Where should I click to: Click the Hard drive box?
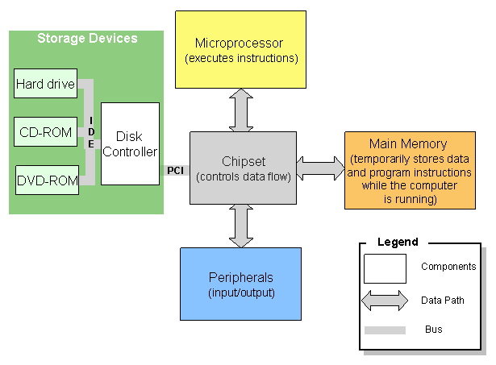click(46, 84)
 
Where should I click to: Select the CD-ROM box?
click(46, 132)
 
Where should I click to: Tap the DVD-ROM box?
click(48, 180)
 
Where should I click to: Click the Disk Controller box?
click(130, 143)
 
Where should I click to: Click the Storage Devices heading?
click(87, 39)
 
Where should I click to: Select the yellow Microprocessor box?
click(240, 49)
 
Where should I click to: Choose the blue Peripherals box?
click(240, 284)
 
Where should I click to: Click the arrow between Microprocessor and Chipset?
click(240, 110)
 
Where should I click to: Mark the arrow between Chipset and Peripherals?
click(240, 226)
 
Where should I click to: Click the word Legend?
click(398, 242)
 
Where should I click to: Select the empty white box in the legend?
click(385, 268)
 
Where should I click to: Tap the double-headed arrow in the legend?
click(385, 300)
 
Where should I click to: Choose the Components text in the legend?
click(448, 267)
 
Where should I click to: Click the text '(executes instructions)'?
click(241, 59)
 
